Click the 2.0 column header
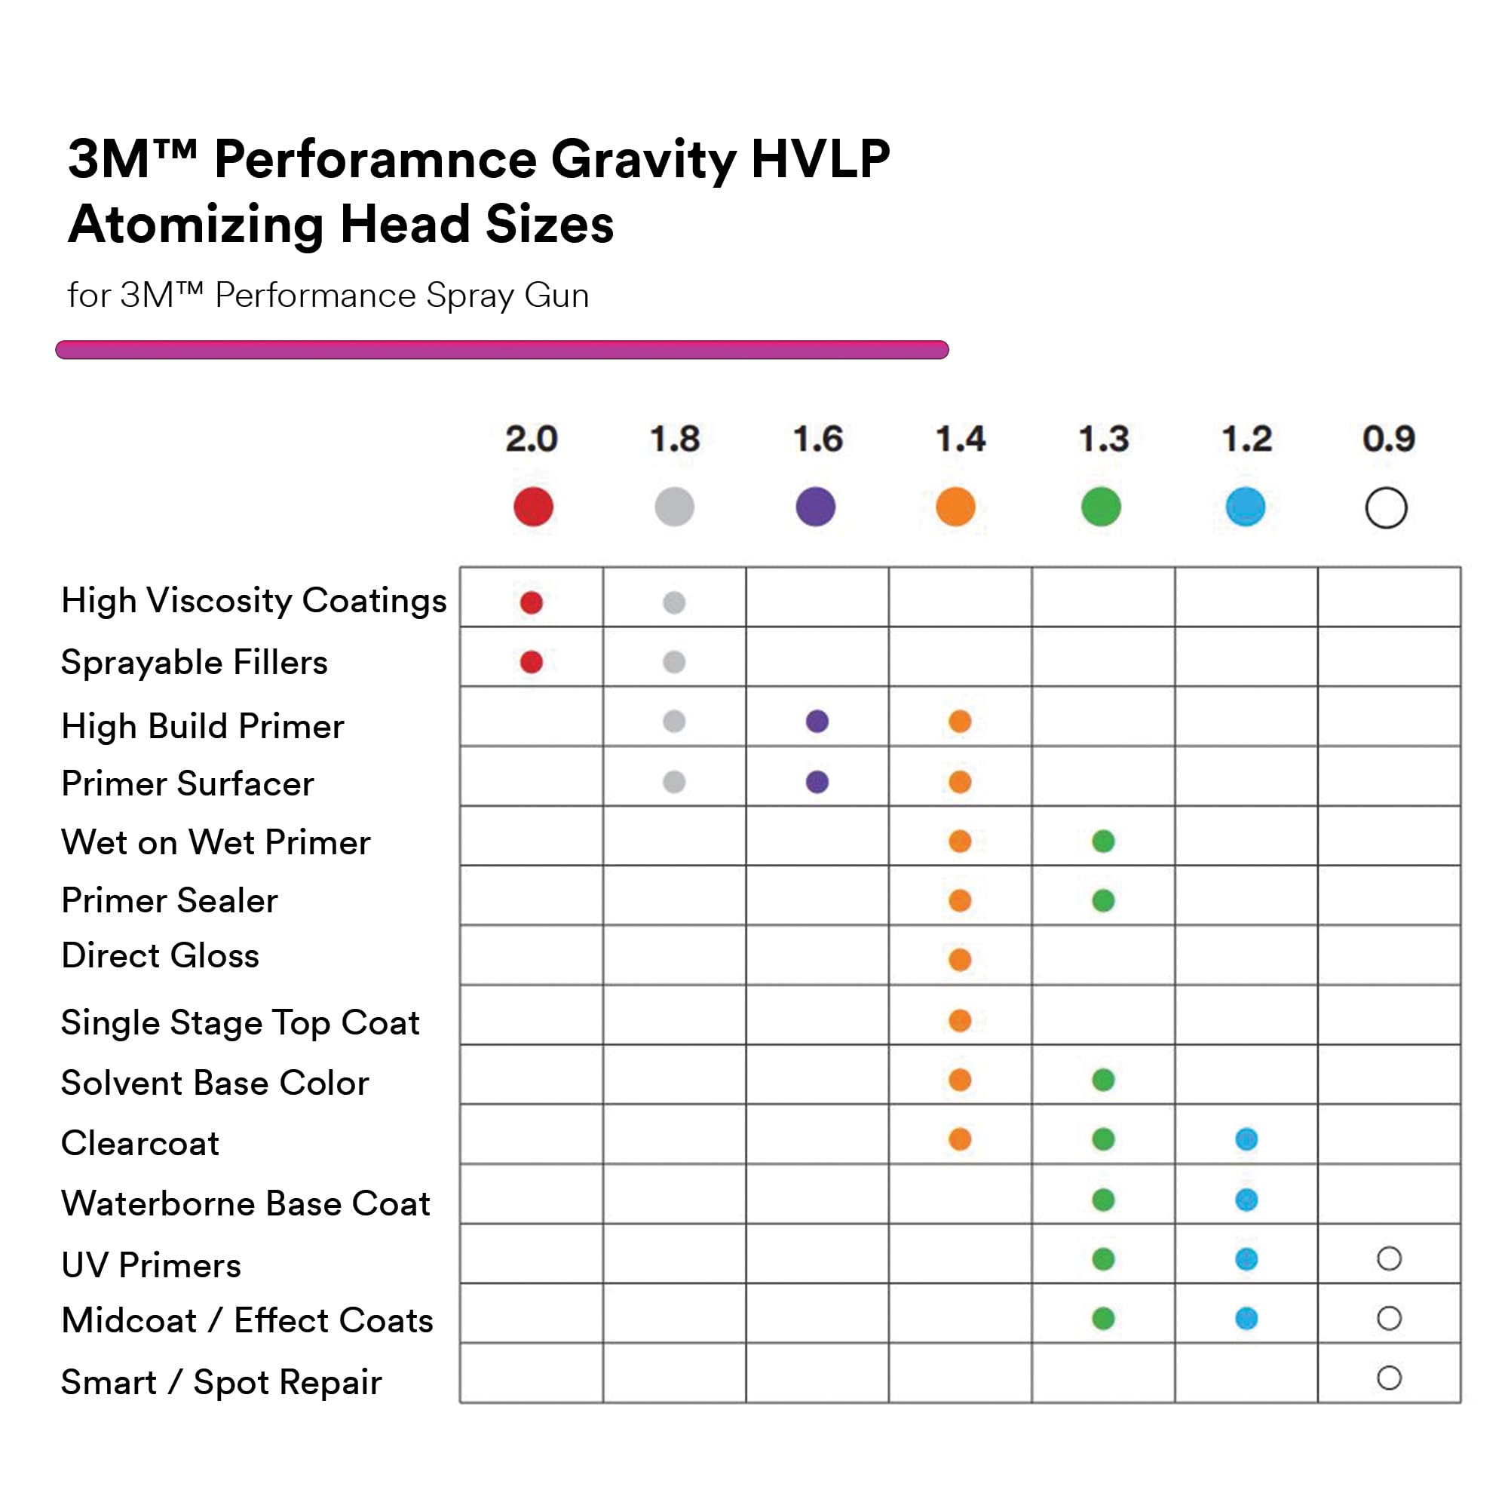[x=532, y=439]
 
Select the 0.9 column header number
[x=1389, y=439]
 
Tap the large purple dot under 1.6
[x=816, y=507]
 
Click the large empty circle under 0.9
[x=1387, y=508]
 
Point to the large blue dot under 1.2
[x=1246, y=507]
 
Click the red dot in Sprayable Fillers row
[x=532, y=662]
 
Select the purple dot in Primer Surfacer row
[x=817, y=781]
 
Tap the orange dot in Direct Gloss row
[x=960, y=959]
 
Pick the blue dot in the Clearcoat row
[x=1246, y=1139]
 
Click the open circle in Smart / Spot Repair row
[x=1390, y=1378]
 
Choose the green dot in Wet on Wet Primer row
[x=1104, y=841]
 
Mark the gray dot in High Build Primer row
[x=674, y=722]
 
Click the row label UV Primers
[x=152, y=1265]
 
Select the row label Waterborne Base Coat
[x=246, y=1203]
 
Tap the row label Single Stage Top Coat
[x=241, y=1022]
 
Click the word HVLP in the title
[x=820, y=160]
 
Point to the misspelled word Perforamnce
[x=375, y=160]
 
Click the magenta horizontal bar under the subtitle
[x=502, y=350]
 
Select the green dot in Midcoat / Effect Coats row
[x=1104, y=1318]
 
